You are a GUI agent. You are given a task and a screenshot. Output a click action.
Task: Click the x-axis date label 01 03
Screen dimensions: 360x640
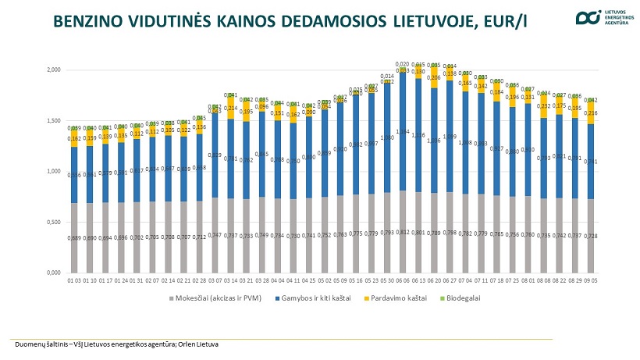[x=74, y=280]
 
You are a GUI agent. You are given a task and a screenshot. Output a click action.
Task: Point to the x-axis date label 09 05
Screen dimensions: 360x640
[x=591, y=280]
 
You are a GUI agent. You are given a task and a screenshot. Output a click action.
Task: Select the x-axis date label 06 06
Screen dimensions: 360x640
[x=402, y=280]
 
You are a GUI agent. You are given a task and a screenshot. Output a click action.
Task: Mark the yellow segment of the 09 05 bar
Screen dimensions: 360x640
[x=591, y=114]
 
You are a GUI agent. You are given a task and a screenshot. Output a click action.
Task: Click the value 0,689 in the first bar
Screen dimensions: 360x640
[x=74, y=237]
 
